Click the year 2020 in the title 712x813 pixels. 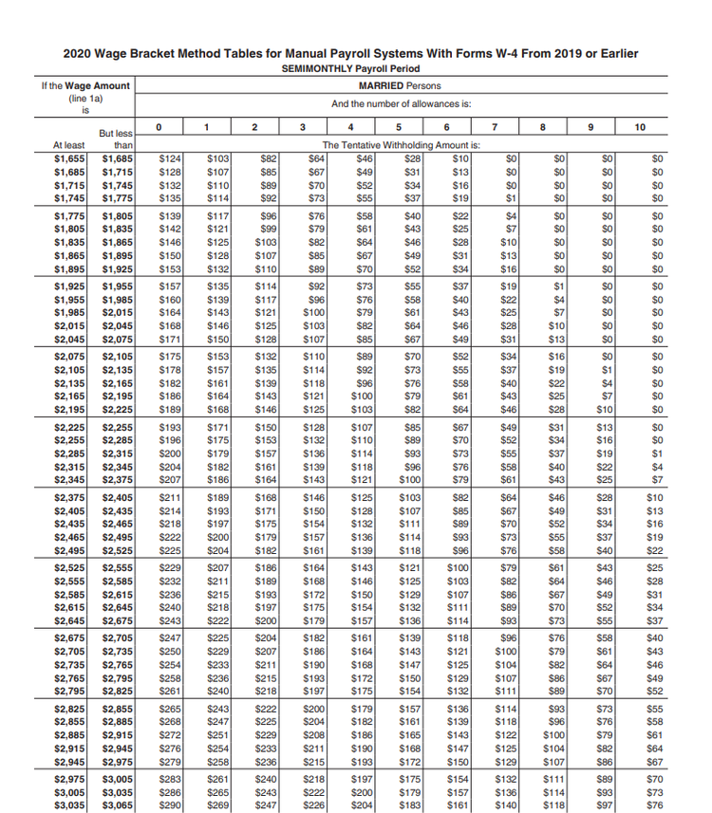click(x=78, y=53)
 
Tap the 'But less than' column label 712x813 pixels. click(x=116, y=139)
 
